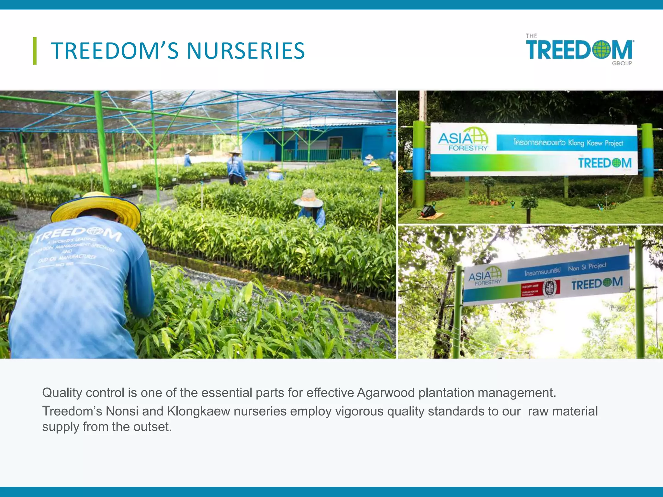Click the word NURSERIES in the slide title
click(x=246, y=51)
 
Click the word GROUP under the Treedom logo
click(x=622, y=63)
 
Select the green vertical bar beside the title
click(x=35, y=51)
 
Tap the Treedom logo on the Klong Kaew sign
click(x=604, y=163)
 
